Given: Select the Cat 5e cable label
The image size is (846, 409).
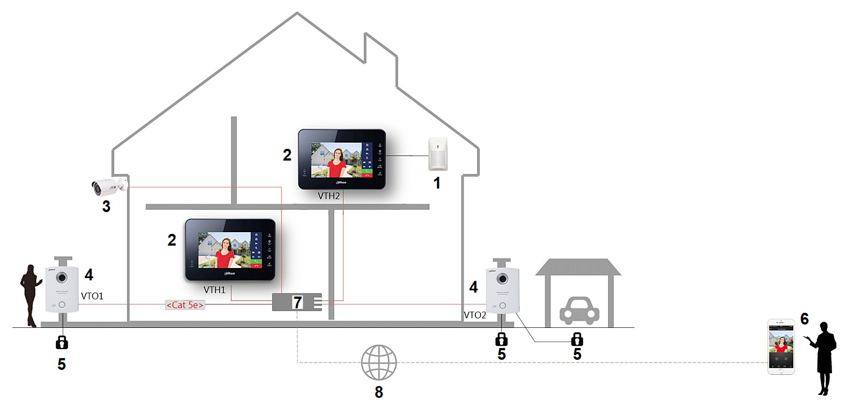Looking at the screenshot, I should pos(185,305).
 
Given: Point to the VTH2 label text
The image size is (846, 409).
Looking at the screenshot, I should pos(329,195).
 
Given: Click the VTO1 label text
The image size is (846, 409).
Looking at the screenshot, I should pos(92,295).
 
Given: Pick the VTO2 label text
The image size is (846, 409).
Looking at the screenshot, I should pos(475,316).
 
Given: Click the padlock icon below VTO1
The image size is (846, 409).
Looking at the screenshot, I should pos(62,341).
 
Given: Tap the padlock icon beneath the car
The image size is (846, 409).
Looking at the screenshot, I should pos(576,339).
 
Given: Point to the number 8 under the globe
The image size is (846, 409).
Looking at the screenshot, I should pos(379,392).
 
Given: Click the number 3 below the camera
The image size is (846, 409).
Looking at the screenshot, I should pos(106,206).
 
